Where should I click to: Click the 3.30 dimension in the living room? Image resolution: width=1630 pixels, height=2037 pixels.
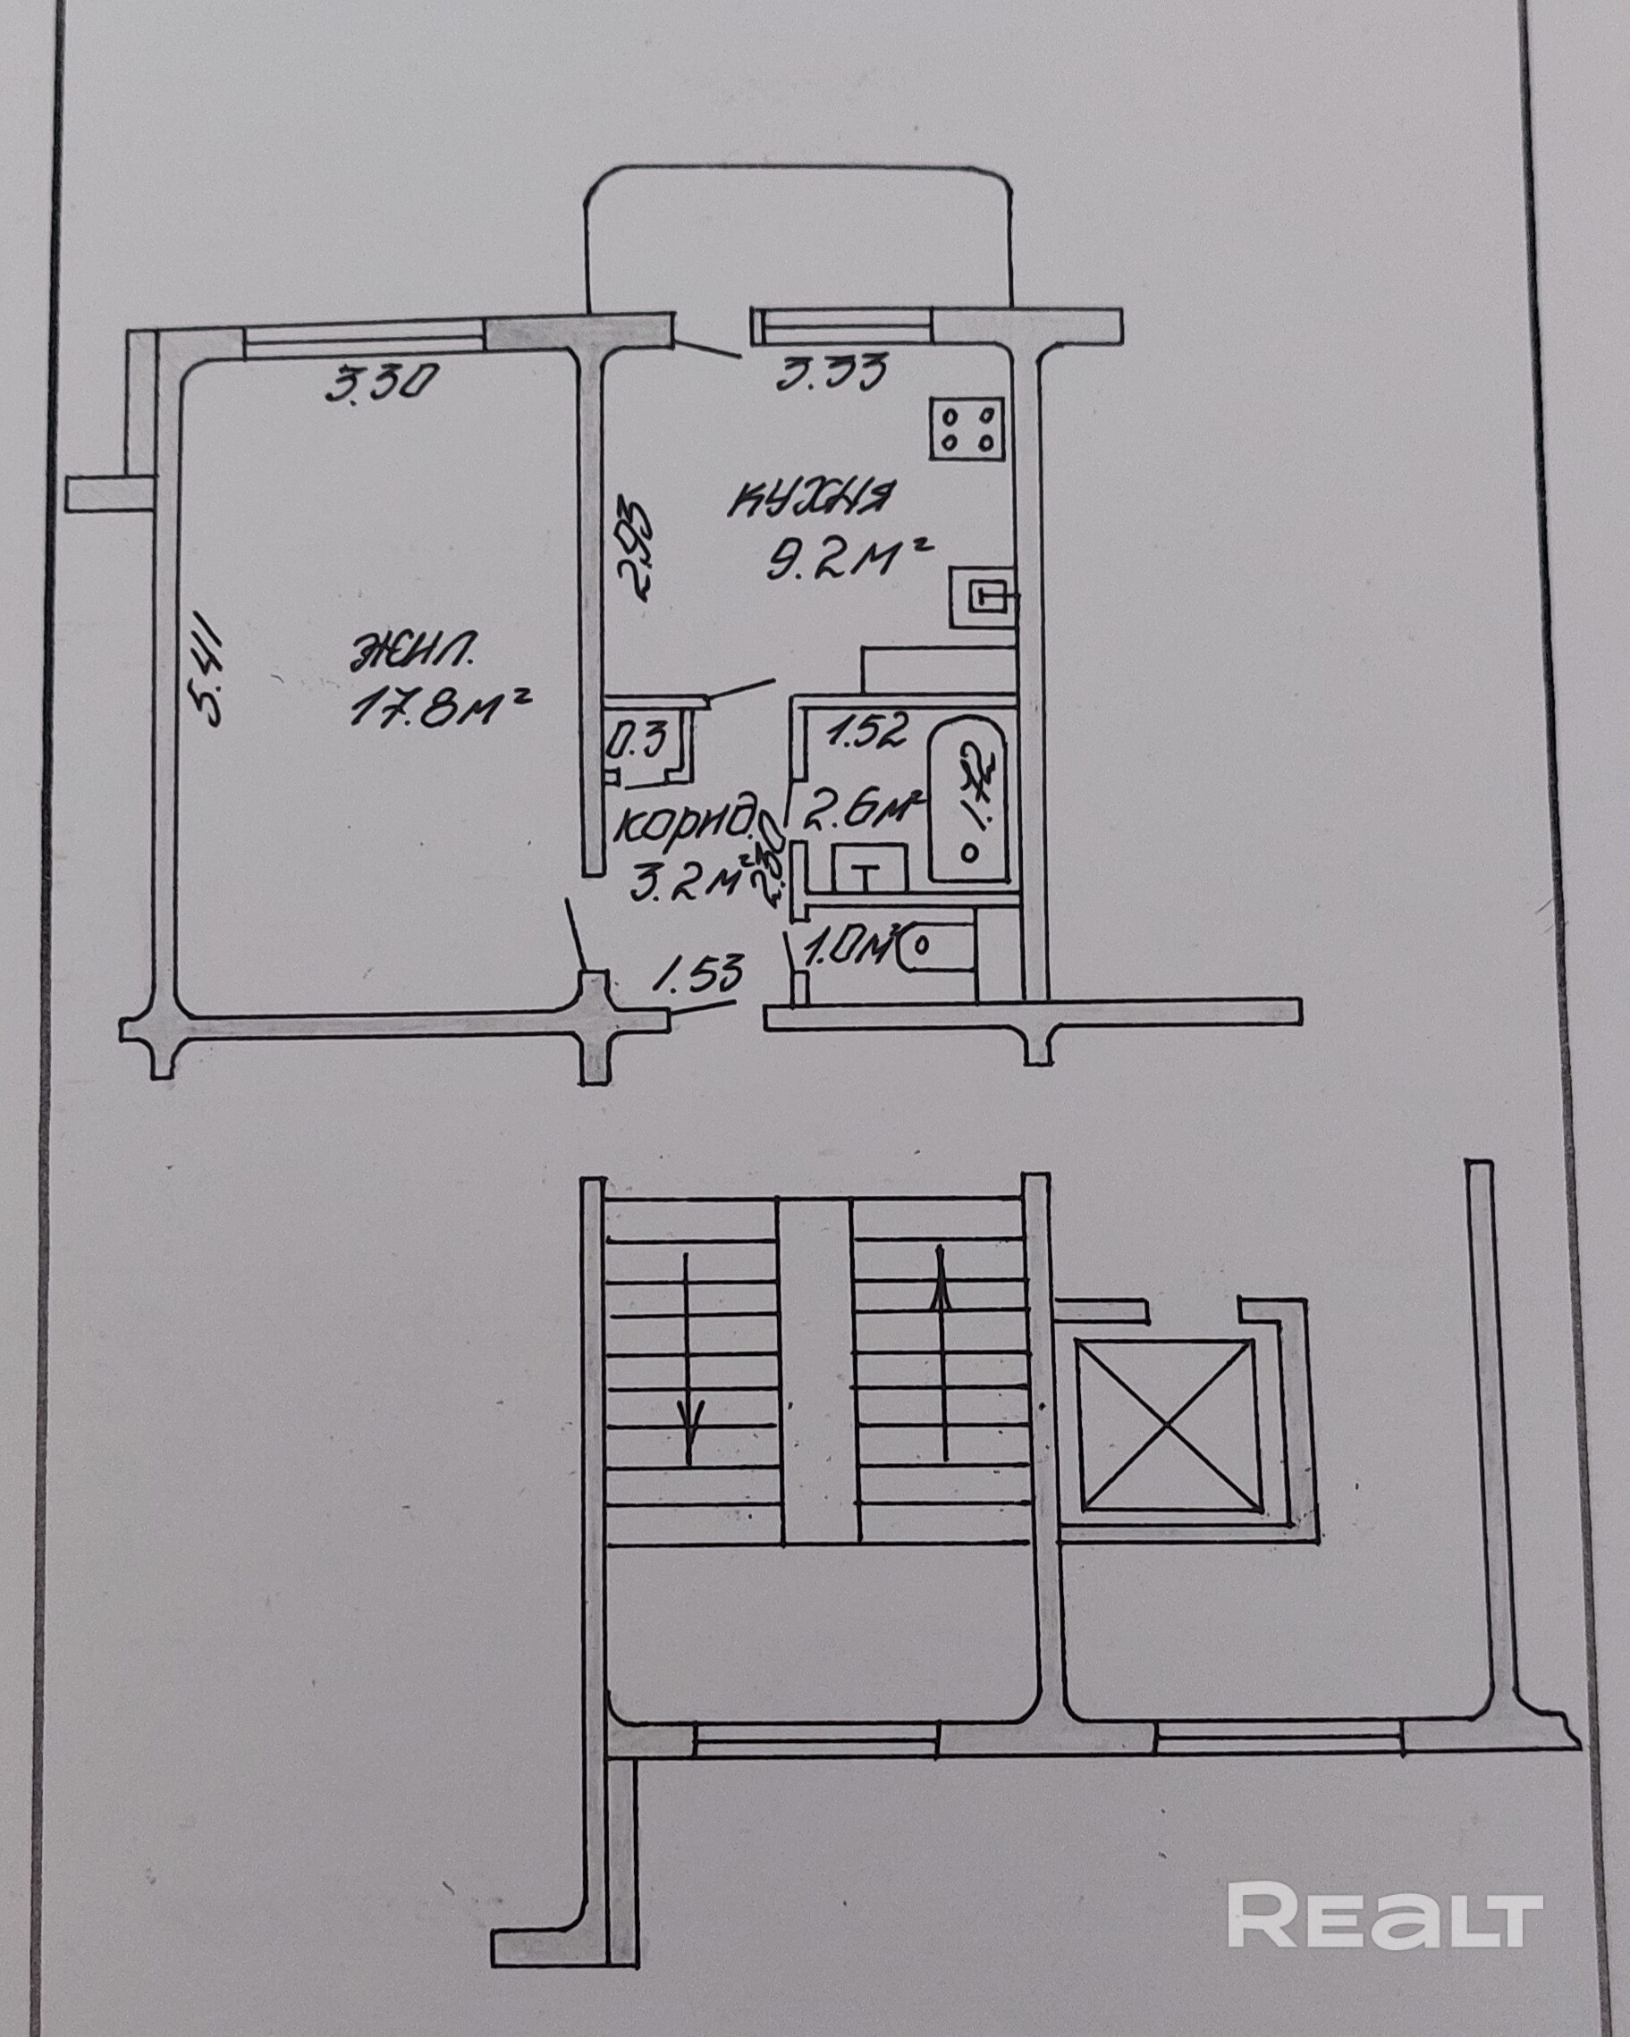381,384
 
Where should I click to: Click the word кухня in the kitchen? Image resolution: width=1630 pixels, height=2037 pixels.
812,500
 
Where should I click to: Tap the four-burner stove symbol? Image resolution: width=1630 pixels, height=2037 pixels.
966,429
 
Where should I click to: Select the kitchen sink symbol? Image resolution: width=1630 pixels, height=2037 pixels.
984,596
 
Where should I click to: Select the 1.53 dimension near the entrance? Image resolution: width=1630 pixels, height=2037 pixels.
699,973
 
